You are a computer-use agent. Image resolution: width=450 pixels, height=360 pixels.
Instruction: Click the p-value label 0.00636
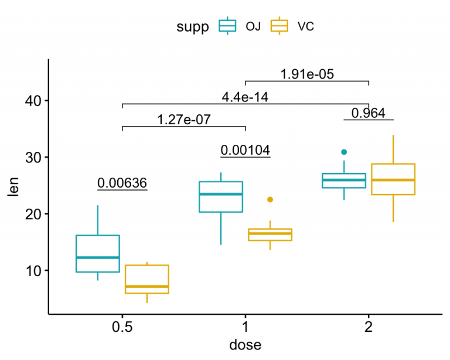tap(122, 183)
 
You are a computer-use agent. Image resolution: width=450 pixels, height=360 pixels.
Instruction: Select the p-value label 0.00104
tap(245, 150)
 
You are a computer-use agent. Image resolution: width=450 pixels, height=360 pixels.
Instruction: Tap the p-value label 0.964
tap(368, 113)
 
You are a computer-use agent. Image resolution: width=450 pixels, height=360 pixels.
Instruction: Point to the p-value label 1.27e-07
tap(183, 120)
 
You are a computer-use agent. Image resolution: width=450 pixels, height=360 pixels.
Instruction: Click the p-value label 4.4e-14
tap(245, 97)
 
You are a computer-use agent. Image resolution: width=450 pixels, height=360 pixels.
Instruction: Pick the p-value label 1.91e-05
tap(306, 74)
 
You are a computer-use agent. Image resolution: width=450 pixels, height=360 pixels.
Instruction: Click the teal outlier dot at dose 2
tap(344, 152)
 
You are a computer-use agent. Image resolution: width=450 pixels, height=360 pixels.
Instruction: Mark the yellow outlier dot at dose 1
tap(270, 200)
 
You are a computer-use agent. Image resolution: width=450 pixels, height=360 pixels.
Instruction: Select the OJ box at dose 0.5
tap(98, 253)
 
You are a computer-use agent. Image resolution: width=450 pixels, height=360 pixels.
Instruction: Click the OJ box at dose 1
tap(221, 197)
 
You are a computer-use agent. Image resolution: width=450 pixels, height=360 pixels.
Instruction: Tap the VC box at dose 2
tap(393, 179)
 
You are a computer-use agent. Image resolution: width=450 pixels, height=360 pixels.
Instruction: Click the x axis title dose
tap(245, 344)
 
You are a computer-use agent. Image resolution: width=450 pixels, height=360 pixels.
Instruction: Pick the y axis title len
tap(13, 186)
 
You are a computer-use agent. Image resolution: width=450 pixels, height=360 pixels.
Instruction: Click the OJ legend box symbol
tap(227, 26)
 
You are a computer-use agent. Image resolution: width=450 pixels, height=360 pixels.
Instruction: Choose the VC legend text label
tap(306, 26)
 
